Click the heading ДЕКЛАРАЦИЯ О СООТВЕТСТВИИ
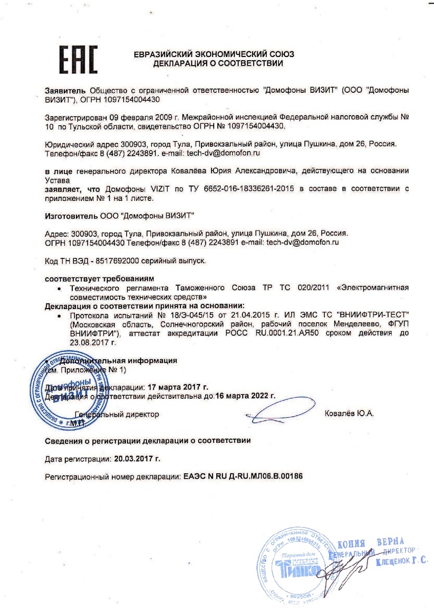(x=218, y=63)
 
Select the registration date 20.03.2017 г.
(x=137, y=459)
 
